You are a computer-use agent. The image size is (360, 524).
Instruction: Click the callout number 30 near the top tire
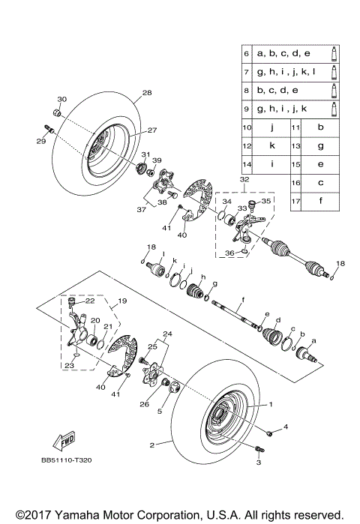(62, 99)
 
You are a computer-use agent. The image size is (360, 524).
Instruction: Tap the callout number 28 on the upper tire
(147, 93)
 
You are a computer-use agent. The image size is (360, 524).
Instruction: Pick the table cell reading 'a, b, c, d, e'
(283, 55)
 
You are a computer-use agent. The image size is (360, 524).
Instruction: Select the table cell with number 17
(296, 200)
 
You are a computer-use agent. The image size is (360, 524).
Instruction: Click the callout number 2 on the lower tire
(152, 445)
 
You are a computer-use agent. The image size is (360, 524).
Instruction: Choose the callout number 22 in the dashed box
(88, 301)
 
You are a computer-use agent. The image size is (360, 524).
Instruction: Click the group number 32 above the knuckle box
(244, 180)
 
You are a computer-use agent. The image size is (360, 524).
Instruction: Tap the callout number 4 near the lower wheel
(286, 428)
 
